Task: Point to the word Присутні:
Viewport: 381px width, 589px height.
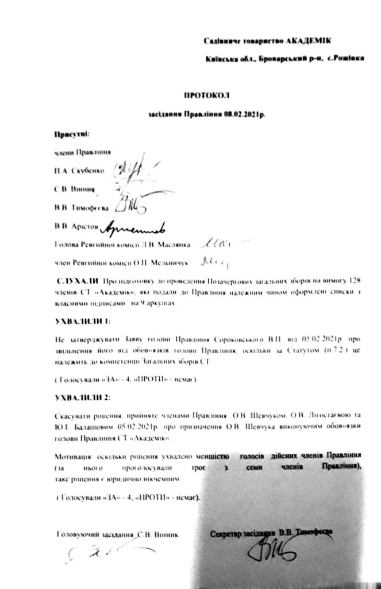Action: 71,133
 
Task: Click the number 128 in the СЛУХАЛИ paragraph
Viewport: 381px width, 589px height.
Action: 355,282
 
